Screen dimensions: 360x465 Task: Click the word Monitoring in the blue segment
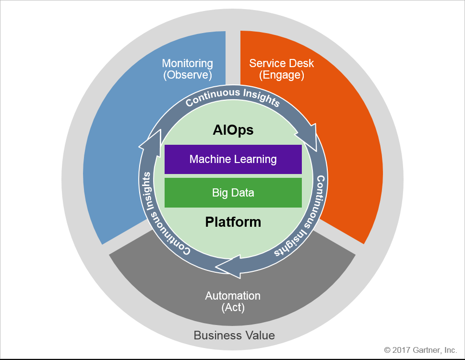coord(187,63)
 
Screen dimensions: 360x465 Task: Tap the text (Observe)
coord(187,75)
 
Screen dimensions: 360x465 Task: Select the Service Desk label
coord(282,63)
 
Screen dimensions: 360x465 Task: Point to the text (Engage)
coord(282,75)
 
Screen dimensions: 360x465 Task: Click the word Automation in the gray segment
coord(233,296)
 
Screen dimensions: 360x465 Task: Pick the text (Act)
coord(233,308)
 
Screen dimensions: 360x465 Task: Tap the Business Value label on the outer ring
coord(234,335)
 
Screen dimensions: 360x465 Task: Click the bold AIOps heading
coord(233,130)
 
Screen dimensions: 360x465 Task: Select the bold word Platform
coord(233,222)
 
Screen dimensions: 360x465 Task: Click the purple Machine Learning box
coord(233,159)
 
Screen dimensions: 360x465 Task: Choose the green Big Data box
coord(233,193)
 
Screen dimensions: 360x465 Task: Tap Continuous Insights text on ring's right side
coord(305,216)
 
